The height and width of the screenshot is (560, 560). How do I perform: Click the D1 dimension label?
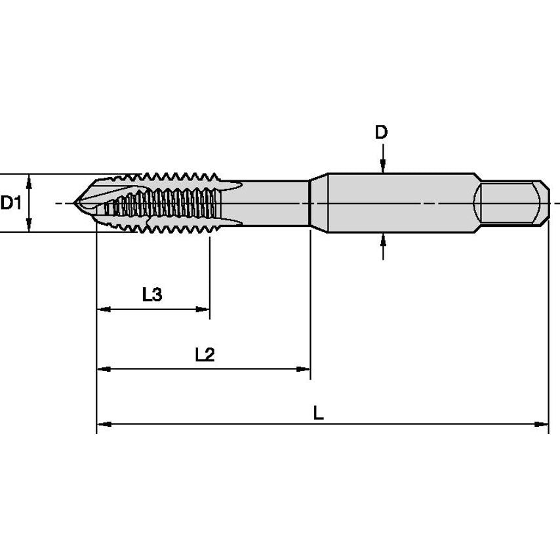(10, 203)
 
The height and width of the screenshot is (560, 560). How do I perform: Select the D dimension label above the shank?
(381, 132)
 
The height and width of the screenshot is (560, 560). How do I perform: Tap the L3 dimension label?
(152, 294)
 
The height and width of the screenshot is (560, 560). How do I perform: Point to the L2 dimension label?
(205, 355)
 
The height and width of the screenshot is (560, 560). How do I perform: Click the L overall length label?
(318, 413)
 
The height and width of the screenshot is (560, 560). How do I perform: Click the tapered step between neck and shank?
(317, 203)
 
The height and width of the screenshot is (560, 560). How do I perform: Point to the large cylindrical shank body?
(400, 203)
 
